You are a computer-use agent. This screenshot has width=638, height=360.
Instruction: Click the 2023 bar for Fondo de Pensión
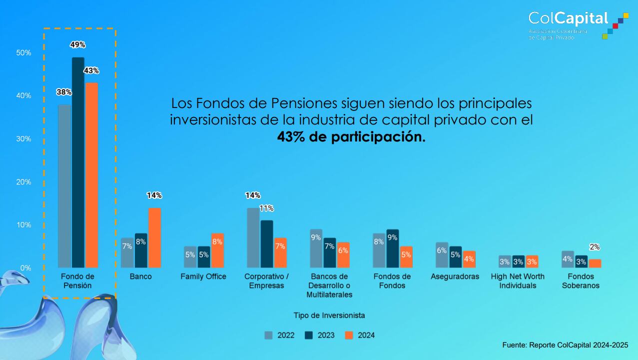(x=78, y=162)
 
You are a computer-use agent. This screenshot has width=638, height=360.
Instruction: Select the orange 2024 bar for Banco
(x=154, y=237)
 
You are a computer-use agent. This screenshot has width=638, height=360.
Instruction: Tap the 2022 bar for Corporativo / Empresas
(x=253, y=237)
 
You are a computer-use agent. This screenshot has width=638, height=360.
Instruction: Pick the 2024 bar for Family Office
(x=217, y=250)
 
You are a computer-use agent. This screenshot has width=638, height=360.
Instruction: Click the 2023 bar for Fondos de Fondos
(x=392, y=248)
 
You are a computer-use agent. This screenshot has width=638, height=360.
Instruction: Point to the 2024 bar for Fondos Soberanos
(x=595, y=263)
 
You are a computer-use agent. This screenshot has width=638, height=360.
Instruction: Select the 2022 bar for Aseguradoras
(x=442, y=255)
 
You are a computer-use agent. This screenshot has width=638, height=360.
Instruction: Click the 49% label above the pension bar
(x=77, y=45)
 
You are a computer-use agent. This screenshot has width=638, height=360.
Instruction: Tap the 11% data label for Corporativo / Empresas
(x=266, y=208)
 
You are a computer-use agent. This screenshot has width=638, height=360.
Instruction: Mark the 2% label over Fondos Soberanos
(x=595, y=247)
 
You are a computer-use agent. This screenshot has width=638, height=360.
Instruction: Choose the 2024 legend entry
(x=360, y=335)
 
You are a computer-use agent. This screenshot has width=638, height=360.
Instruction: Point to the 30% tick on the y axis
(x=23, y=138)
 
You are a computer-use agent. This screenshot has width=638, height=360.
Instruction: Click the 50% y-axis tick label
(x=23, y=52)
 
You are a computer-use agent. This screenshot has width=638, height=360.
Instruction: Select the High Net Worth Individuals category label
(x=518, y=281)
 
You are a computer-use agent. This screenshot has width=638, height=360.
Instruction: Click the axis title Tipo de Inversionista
(x=329, y=315)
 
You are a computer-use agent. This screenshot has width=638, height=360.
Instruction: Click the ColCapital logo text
(x=568, y=18)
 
